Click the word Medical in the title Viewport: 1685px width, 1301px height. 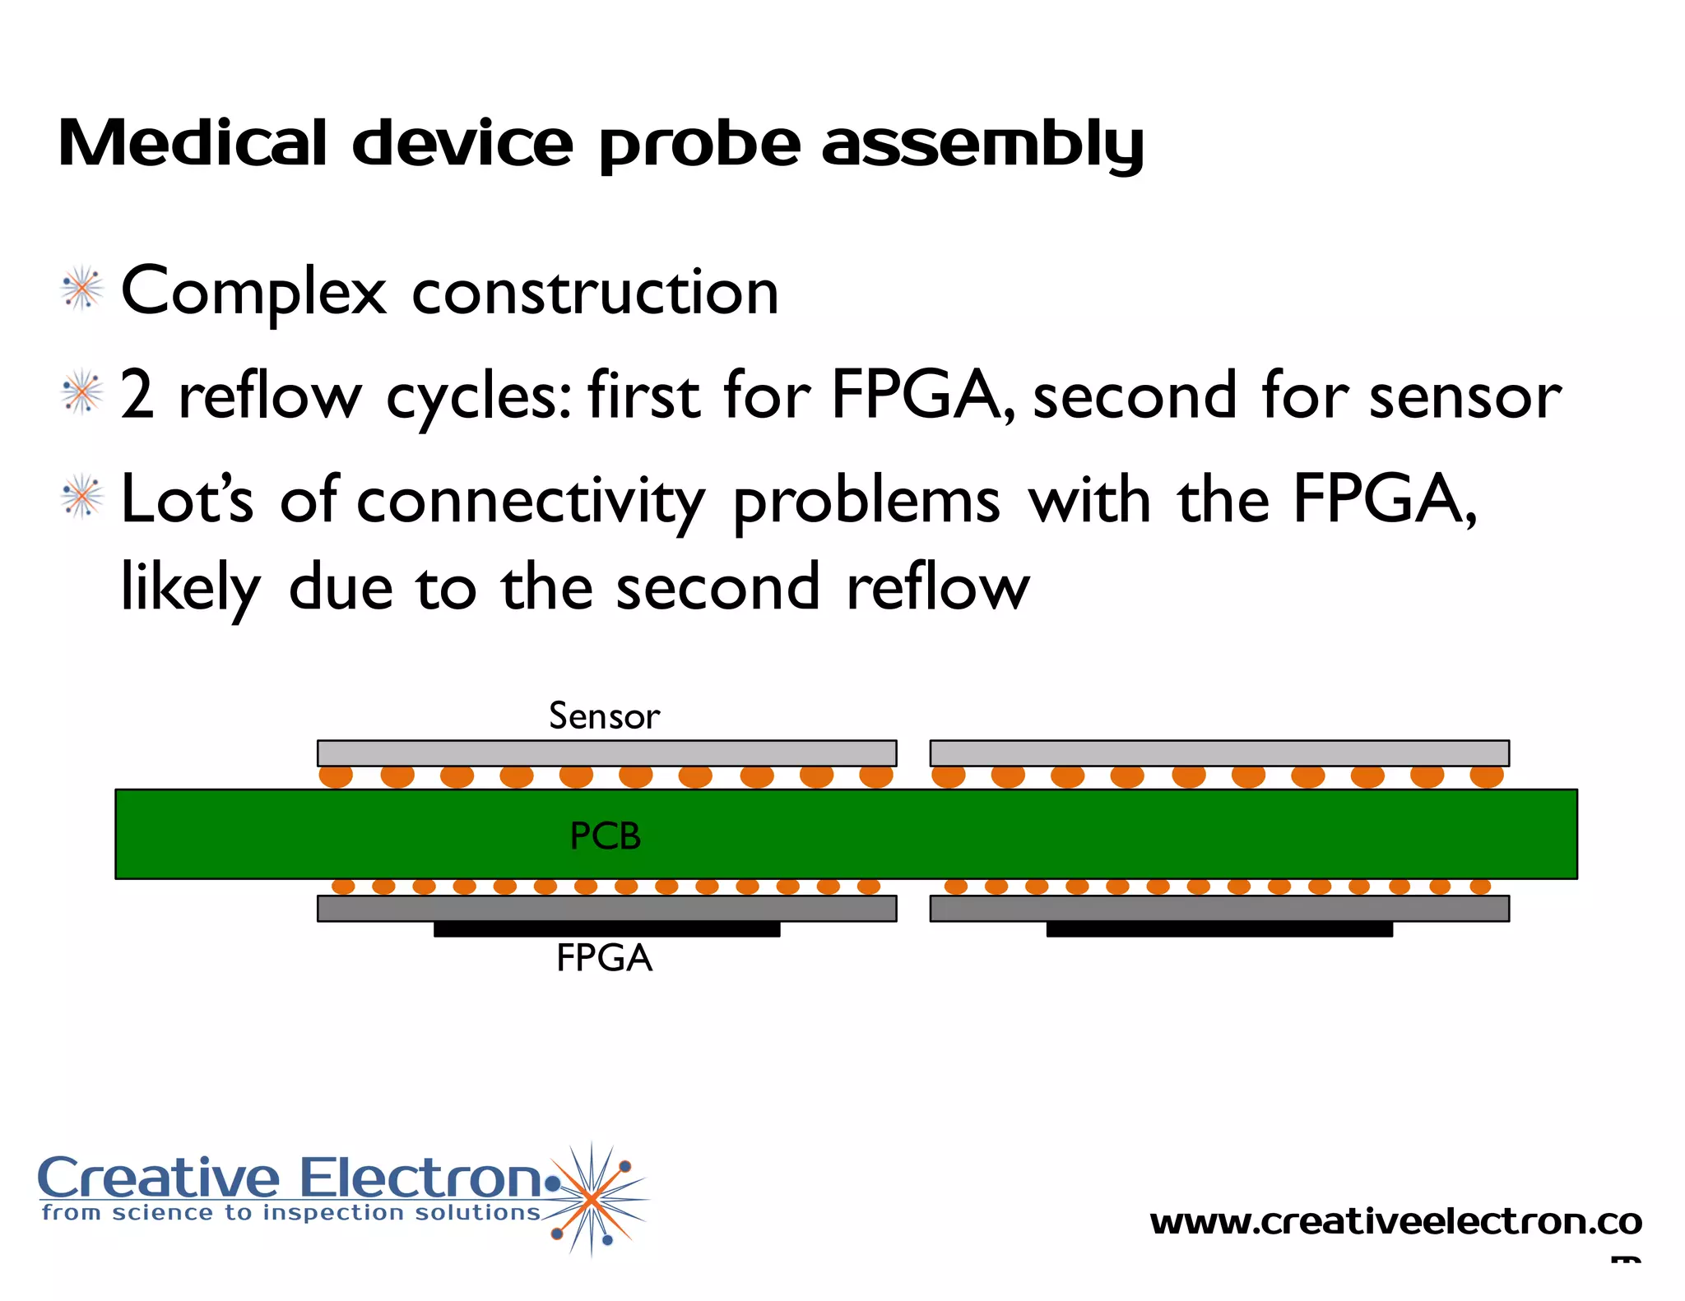[193, 144]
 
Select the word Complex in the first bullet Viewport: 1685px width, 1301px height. [253, 293]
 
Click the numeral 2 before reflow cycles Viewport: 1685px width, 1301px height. [137, 396]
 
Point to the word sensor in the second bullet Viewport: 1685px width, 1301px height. [1465, 396]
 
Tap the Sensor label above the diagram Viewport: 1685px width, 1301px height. [604, 716]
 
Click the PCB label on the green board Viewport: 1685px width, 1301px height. [605, 836]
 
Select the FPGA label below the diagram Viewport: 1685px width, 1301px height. [604, 958]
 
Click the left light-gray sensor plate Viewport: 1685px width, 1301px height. [606, 753]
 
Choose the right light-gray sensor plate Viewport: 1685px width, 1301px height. [1218, 753]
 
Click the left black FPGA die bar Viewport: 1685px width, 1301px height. [606, 929]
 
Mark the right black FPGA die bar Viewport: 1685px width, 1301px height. [1218, 929]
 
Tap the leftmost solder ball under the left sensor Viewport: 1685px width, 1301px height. [336, 776]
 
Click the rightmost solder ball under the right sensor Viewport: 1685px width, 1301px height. [1487, 776]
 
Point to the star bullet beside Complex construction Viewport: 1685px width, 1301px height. [82, 289]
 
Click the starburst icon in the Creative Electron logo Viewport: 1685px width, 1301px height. [592, 1199]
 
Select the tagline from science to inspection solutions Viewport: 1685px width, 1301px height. [290, 1213]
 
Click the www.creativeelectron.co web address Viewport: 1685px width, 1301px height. [1395, 1222]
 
